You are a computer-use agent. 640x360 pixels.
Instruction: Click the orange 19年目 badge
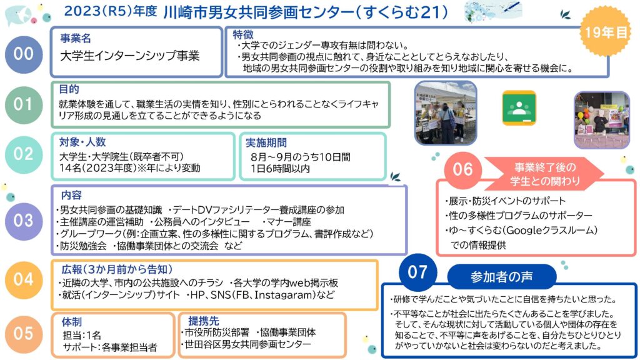(605, 31)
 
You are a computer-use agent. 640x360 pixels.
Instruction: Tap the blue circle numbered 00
(24, 54)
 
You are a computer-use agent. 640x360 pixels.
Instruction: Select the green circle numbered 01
(24, 105)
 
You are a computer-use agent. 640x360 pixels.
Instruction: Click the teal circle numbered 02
(24, 154)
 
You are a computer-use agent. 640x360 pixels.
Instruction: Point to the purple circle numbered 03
(24, 221)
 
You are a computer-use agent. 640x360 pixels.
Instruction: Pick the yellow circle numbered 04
(24, 280)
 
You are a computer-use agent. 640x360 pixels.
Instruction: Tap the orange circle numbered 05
(24, 334)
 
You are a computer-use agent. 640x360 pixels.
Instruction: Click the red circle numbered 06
(462, 170)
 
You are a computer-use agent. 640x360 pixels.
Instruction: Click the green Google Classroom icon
(519, 107)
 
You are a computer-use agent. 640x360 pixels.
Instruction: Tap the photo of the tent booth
(445, 112)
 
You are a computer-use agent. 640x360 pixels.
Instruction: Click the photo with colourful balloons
(602, 119)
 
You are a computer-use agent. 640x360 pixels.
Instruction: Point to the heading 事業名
(76, 38)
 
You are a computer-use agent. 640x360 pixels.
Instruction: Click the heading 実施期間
(266, 142)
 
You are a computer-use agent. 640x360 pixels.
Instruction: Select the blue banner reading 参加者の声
(502, 276)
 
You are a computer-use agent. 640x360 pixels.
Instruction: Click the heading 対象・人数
(82, 142)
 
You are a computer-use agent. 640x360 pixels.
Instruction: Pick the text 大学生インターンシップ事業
(130, 56)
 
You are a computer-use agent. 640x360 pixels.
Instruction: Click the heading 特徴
(243, 35)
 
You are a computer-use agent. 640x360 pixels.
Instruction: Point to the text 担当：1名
(82, 336)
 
